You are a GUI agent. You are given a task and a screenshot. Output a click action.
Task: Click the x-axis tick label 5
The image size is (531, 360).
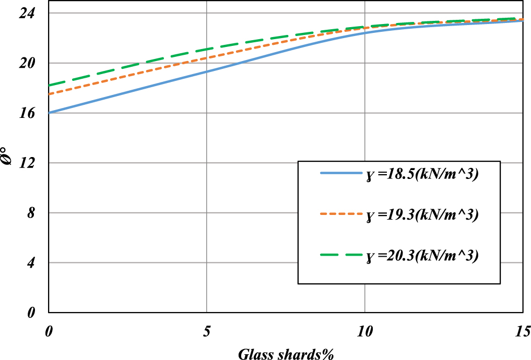pos(207,330)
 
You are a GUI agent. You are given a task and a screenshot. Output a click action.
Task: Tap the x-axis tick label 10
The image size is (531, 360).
pos(364,330)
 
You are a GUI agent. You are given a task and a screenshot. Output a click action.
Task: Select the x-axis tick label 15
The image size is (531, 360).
pos(522,330)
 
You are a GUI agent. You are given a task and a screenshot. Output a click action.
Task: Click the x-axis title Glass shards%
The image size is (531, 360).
pos(286,353)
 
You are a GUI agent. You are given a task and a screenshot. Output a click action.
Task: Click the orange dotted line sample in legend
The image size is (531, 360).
pos(341,214)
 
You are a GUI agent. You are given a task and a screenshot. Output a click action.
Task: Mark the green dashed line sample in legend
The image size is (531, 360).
pos(341,255)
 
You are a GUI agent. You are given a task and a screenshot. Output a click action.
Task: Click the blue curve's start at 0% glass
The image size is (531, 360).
pos(49,113)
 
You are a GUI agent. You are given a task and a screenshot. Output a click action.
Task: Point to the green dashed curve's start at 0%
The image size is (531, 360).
pos(49,86)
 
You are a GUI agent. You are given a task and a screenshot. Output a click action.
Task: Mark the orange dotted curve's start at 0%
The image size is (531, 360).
pos(49,94)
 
